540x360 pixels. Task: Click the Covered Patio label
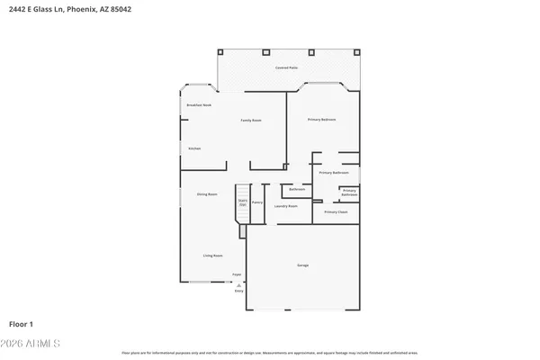pos(286,67)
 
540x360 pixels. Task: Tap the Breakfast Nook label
pos(199,105)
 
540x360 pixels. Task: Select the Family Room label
pos(250,120)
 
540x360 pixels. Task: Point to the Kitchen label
pos(194,148)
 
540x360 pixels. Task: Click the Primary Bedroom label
pos(321,120)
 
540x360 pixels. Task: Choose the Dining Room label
pos(207,193)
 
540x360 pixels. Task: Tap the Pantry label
pos(256,203)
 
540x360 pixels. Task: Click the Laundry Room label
pos(286,206)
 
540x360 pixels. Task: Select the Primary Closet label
pos(336,211)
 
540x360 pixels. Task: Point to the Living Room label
pos(212,256)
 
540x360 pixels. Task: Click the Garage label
pos(303,265)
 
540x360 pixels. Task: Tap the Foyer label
pos(237,274)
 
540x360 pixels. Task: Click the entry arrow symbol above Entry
pos(238,284)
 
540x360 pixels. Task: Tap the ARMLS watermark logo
pos(31,343)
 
